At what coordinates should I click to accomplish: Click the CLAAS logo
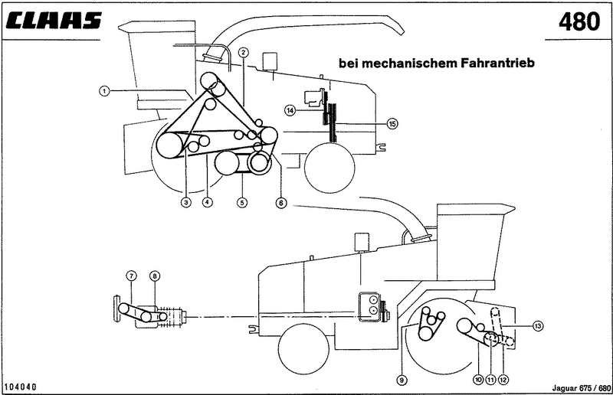click(x=54, y=21)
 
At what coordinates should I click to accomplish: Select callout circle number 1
click(x=104, y=90)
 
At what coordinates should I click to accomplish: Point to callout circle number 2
click(x=243, y=52)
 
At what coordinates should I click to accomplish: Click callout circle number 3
click(x=185, y=203)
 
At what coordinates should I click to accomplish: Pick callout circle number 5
click(x=242, y=203)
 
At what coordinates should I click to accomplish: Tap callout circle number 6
click(x=281, y=203)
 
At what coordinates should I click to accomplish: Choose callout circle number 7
click(x=131, y=276)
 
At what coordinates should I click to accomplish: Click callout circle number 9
click(x=401, y=378)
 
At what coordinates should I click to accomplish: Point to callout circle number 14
click(x=290, y=110)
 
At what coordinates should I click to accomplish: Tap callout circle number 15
click(x=392, y=123)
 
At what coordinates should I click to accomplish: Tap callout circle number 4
click(x=207, y=203)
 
